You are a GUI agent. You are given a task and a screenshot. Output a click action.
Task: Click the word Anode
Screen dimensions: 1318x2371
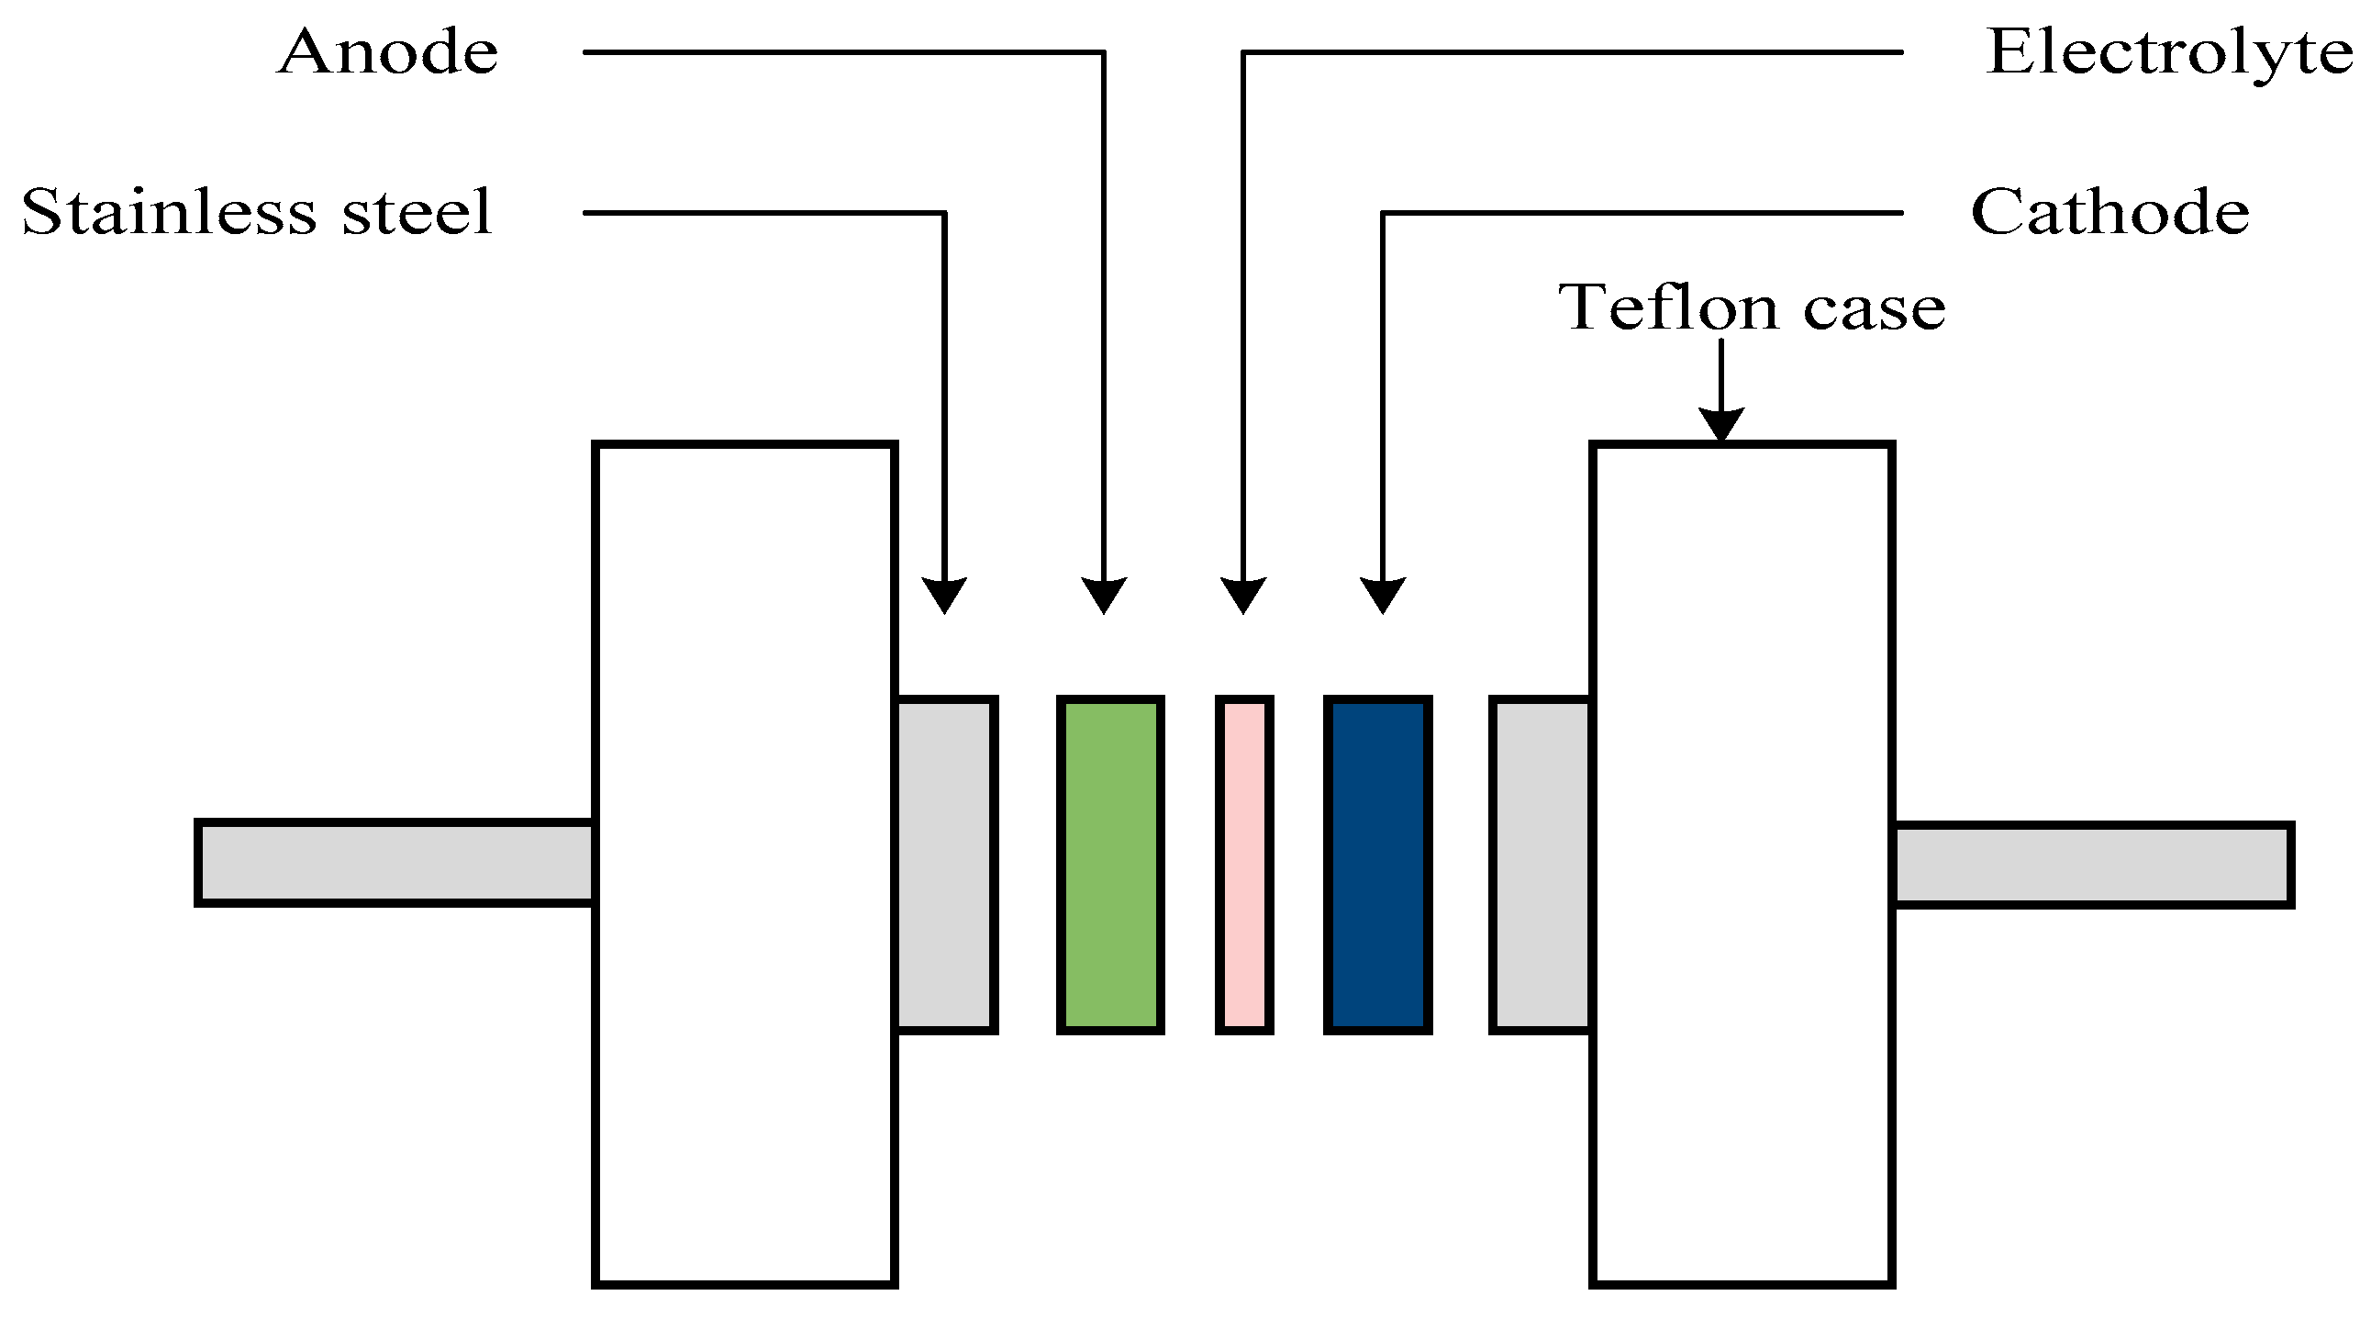(x=387, y=52)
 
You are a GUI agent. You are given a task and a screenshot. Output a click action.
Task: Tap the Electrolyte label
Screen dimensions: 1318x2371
(x=2167, y=52)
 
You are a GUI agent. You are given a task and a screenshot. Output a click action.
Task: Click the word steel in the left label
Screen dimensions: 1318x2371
(x=417, y=213)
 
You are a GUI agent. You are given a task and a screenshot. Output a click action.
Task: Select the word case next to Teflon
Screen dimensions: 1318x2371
(x=1874, y=308)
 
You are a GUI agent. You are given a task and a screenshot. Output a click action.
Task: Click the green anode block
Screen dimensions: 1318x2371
(x=1110, y=865)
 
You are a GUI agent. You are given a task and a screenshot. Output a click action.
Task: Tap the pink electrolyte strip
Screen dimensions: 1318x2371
(x=1244, y=865)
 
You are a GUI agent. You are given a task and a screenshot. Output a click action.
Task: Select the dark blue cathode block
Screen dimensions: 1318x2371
(x=1377, y=865)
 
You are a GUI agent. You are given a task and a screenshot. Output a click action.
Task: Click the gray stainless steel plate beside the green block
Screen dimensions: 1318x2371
(x=946, y=865)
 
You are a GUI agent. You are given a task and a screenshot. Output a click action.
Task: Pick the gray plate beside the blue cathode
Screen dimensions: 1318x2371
(x=1541, y=865)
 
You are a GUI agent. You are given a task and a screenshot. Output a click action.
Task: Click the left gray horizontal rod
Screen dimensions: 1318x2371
(x=395, y=863)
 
